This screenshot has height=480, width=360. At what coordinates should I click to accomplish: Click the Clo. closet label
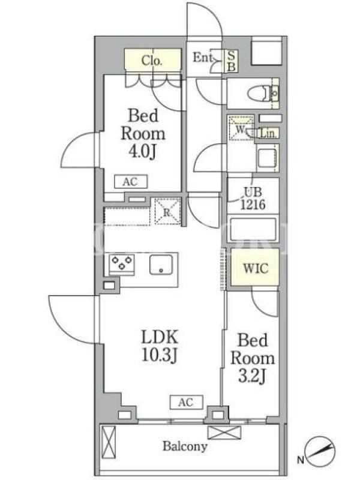click(152, 61)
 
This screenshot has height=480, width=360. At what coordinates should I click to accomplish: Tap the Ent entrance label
click(202, 57)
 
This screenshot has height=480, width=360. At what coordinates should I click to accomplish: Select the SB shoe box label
click(232, 61)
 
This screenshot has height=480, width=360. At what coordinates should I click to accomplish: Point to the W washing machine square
click(241, 128)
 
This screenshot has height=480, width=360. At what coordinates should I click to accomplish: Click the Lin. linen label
click(268, 133)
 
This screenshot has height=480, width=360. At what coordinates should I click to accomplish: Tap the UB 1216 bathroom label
click(253, 198)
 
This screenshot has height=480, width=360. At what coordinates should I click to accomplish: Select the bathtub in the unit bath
click(253, 229)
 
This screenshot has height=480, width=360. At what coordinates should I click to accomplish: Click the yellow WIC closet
click(254, 268)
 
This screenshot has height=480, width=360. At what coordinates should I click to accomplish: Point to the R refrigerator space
click(167, 212)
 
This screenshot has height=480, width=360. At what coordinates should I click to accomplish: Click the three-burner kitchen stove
click(122, 263)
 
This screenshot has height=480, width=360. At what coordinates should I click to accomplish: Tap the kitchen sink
click(161, 264)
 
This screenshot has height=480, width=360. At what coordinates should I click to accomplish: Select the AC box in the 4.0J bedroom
click(131, 182)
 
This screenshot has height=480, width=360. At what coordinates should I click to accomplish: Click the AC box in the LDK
click(187, 402)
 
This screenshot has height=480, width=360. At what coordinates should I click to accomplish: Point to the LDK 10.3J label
click(160, 346)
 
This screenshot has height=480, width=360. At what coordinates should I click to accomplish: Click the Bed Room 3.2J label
click(252, 358)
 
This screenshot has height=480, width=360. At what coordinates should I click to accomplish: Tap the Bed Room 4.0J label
click(143, 134)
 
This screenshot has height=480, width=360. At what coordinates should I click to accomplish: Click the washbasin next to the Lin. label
click(268, 157)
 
